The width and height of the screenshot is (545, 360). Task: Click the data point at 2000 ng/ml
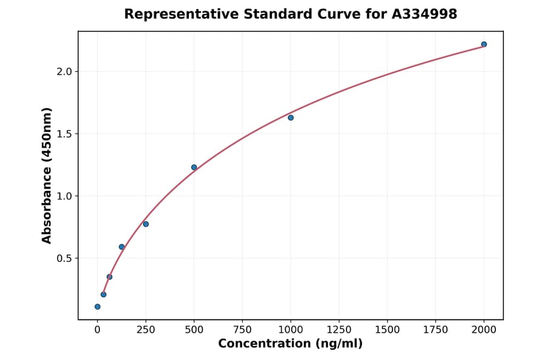point(484,44)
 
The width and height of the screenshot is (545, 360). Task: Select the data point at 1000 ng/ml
point(291,118)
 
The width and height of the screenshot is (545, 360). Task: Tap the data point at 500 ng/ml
point(194,167)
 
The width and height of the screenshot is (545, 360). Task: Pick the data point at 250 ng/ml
point(146,224)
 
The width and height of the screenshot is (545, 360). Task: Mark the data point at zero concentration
point(97,307)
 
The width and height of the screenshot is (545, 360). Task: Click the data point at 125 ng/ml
point(122,247)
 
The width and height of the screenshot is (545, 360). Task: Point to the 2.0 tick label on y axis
point(64,72)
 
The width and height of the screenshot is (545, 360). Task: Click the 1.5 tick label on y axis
point(64,134)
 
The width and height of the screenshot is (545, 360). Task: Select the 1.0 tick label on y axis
point(64,196)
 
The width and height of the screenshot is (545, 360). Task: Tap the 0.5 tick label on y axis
point(64,258)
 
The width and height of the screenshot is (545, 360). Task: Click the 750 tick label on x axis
point(242,330)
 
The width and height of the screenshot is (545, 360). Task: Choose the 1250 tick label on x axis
point(339,330)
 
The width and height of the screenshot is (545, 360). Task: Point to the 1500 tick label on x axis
point(388,330)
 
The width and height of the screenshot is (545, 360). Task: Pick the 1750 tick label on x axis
point(435,330)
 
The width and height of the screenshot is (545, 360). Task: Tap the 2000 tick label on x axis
point(484,330)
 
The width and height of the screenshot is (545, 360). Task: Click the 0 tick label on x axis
point(97,330)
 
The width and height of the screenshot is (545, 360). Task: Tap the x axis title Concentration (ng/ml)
point(290,344)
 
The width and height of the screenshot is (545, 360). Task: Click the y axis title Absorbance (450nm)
point(47,175)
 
